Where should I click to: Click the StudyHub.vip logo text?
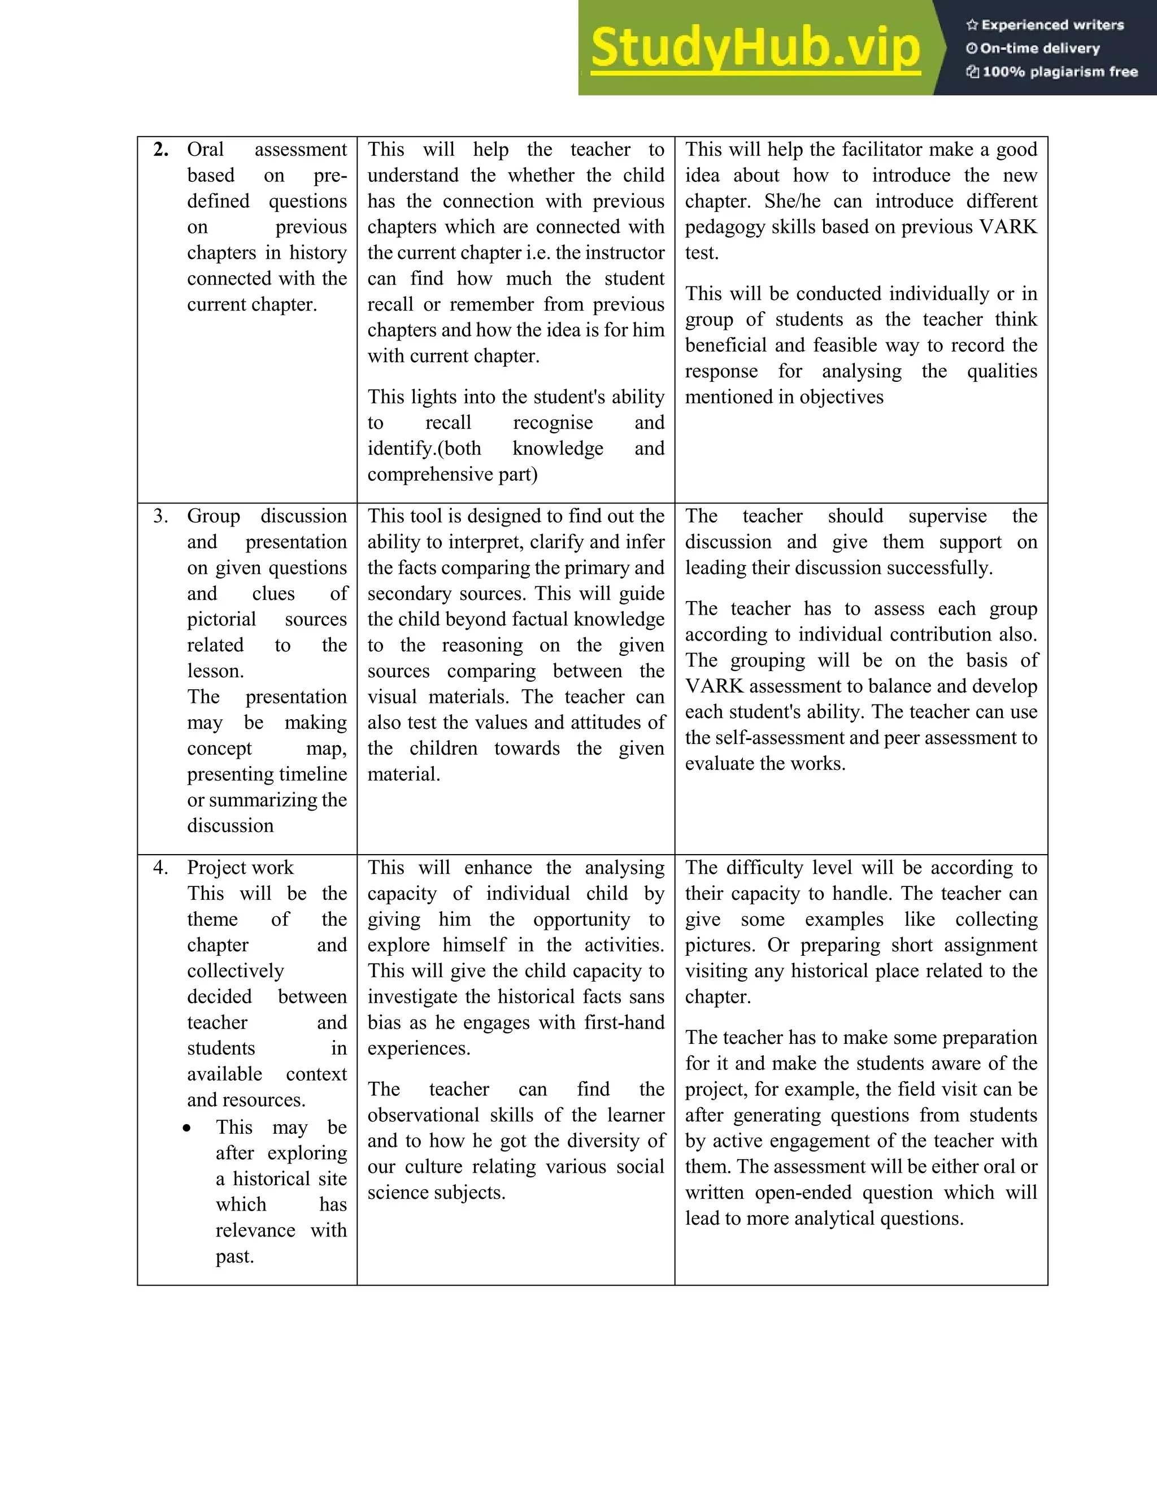755,48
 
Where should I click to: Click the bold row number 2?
161,150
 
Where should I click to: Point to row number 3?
161,516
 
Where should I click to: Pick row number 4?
161,868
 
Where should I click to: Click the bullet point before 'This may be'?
186,1128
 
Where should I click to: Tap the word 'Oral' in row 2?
206,150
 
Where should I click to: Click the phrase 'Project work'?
240,868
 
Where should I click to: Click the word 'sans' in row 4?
647,996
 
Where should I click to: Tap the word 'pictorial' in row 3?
221,620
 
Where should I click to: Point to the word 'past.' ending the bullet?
234,1257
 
